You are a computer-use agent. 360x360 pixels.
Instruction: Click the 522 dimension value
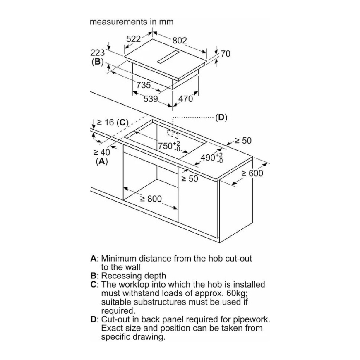pyautogui.click(x=133, y=39)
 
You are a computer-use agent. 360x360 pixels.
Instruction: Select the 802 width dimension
pyautogui.click(x=180, y=41)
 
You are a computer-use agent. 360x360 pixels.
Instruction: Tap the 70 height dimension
pyautogui.click(x=226, y=54)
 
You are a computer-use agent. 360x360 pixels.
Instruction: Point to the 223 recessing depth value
pyautogui.click(x=97, y=53)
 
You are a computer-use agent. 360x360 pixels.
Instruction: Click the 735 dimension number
pyautogui.click(x=144, y=85)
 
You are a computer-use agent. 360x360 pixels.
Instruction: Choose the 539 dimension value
pyautogui.click(x=151, y=99)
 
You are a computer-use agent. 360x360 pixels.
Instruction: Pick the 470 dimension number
pyautogui.click(x=185, y=99)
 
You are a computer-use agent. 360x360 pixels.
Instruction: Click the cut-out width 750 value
pyautogui.click(x=165, y=146)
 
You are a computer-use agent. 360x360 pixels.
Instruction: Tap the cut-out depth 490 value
pyautogui.click(x=208, y=158)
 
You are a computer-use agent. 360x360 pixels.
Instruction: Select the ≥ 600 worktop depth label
pyautogui.click(x=252, y=173)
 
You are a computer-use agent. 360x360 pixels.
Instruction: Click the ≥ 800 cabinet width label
pyautogui.click(x=151, y=199)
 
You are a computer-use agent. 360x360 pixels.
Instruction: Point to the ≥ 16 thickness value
pyautogui.click(x=106, y=122)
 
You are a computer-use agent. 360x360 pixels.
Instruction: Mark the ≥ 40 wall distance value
pyautogui.click(x=101, y=152)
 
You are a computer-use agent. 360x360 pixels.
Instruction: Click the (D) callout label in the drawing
pyautogui.click(x=221, y=118)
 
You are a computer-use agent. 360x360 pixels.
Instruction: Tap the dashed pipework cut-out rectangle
pyautogui.click(x=173, y=134)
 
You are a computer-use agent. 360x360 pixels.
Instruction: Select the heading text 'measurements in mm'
pyautogui.click(x=132, y=22)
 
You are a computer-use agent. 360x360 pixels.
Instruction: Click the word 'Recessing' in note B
pyautogui.click(x=120, y=276)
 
